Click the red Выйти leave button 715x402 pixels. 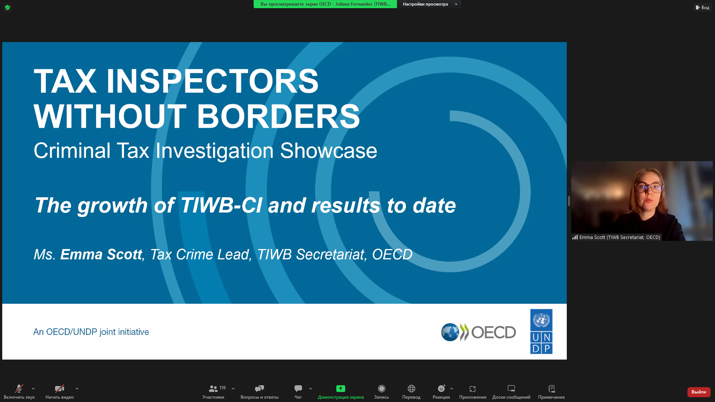tap(699, 392)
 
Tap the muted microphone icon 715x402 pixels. tap(19, 389)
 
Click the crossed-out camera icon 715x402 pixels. tap(60, 389)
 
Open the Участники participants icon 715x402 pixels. tap(213, 389)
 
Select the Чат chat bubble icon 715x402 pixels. tap(298, 389)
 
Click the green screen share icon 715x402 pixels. tap(341, 389)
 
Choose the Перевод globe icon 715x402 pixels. tap(411, 389)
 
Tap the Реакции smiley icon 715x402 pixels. tap(441, 389)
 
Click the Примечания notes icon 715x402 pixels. tap(552, 389)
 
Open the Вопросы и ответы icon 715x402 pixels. tap(260, 389)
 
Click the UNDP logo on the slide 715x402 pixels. tap(541, 331)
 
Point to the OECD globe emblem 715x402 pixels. tap(450, 332)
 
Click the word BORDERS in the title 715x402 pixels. tap(278, 116)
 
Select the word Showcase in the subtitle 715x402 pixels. tap(328, 151)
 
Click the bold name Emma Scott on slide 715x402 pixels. tap(101, 255)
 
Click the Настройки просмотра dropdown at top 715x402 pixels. tap(429, 4)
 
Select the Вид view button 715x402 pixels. tap(702, 7)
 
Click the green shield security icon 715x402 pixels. tap(7, 7)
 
